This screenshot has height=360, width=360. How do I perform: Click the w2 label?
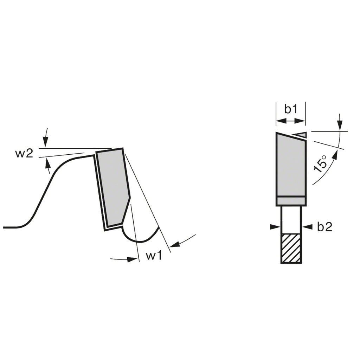[24, 154]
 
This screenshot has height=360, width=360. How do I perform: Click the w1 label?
[154, 255]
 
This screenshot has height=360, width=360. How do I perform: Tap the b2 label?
[324, 227]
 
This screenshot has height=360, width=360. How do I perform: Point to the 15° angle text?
[320, 164]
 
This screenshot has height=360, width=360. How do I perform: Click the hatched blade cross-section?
[291, 249]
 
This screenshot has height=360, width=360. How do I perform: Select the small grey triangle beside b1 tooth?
[300, 135]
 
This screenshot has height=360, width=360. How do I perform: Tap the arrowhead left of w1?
[133, 259]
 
